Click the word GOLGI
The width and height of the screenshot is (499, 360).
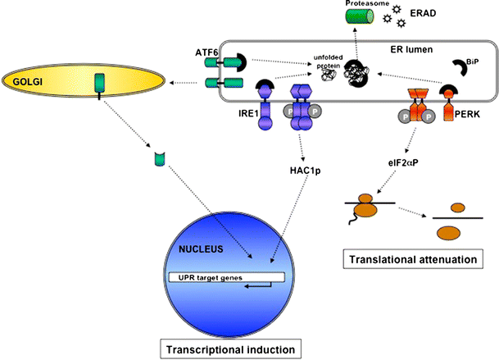(x=25, y=81)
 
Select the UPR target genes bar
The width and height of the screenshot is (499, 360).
(x=225, y=277)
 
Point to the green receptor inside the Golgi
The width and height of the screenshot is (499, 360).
(x=100, y=84)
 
